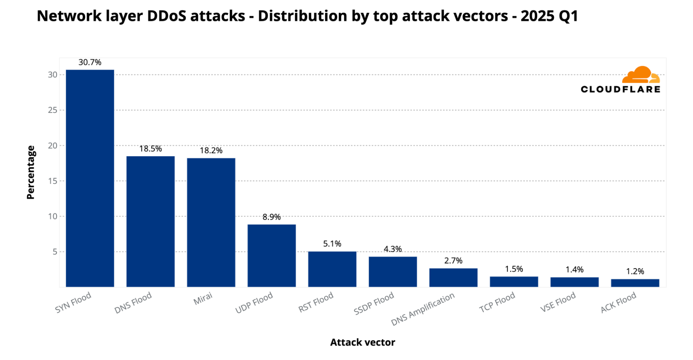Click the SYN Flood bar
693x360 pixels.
click(90, 178)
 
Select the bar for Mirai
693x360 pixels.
click(211, 222)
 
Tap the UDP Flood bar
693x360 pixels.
click(271, 255)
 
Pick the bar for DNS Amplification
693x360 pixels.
click(453, 278)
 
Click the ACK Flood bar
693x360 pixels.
click(635, 283)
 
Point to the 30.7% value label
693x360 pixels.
click(90, 62)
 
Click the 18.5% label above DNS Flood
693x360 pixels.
click(150, 149)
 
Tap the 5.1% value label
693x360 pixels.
click(332, 244)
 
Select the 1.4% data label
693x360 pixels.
click(574, 269)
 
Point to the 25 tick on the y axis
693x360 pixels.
click(53, 110)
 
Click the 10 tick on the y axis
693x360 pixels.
click(53, 216)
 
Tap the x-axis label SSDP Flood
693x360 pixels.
click(374, 303)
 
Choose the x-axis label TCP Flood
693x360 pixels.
click(497, 302)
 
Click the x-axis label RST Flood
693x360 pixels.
click(316, 302)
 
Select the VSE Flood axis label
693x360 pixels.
click(558, 302)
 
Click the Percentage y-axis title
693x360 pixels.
click(31, 172)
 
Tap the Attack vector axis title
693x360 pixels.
click(362, 342)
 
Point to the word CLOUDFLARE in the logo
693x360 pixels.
click(620, 89)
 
